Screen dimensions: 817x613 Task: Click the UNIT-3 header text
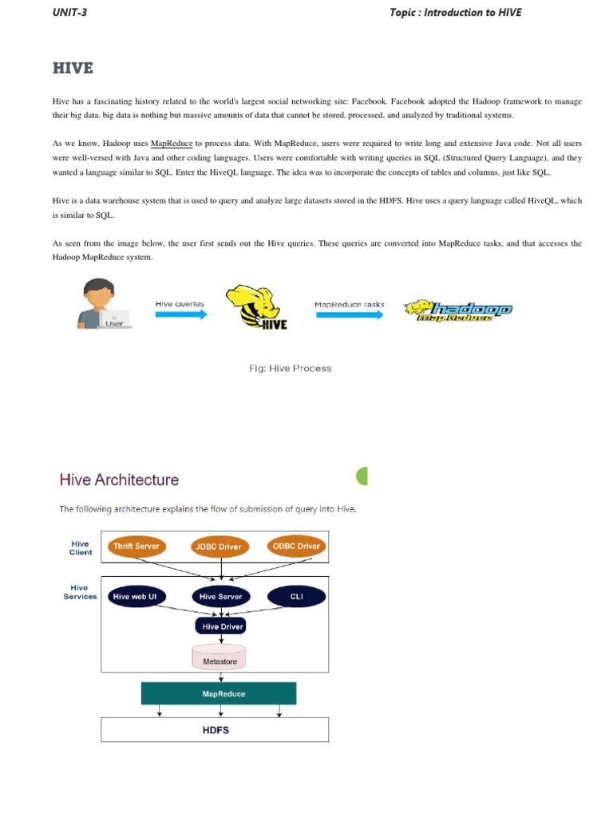click(x=69, y=12)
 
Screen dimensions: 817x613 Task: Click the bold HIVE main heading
click(x=73, y=69)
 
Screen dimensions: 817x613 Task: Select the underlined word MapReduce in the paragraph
click(x=172, y=144)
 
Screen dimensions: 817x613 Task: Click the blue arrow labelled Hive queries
click(x=180, y=314)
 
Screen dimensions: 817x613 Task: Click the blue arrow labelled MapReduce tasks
click(x=349, y=314)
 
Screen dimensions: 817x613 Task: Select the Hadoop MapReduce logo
click(x=458, y=311)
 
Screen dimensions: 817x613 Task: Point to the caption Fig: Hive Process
click(x=291, y=369)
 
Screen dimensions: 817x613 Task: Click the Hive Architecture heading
click(x=119, y=480)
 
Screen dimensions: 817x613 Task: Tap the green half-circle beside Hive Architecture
click(x=362, y=476)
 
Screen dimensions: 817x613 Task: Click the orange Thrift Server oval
click(x=136, y=547)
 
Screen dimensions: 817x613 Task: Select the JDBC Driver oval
click(x=219, y=547)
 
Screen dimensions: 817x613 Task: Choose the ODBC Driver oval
click(x=295, y=547)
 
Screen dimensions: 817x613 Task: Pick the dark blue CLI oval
click(x=296, y=596)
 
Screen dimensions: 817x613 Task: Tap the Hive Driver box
click(x=219, y=627)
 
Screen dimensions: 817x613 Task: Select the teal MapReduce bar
click(x=219, y=693)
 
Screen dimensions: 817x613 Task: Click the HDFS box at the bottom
click(x=215, y=729)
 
